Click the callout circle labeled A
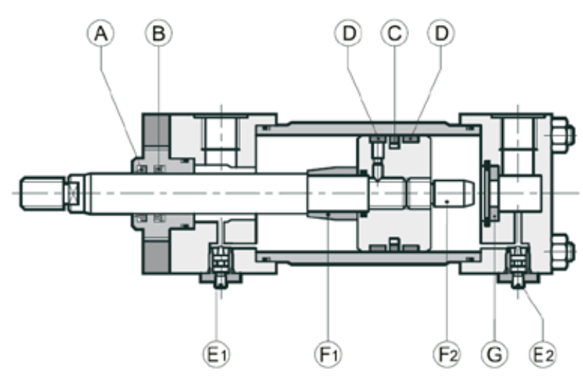(x=101, y=33)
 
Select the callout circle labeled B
(x=159, y=33)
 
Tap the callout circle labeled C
(x=395, y=33)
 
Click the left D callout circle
(x=349, y=33)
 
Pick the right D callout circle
(x=441, y=33)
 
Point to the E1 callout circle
(x=216, y=354)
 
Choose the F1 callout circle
(x=328, y=354)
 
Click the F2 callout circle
(x=447, y=354)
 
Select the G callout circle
(x=494, y=354)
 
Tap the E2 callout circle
(x=543, y=354)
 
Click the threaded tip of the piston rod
(x=43, y=194)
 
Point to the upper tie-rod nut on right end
(x=564, y=135)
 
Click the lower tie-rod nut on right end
(x=564, y=251)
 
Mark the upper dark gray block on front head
(x=157, y=130)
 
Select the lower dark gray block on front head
(x=157, y=257)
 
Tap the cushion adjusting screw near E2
(x=518, y=267)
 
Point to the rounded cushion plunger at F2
(x=453, y=193)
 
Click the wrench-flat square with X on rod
(x=73, y=193)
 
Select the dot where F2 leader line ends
(x=447, y=202)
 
